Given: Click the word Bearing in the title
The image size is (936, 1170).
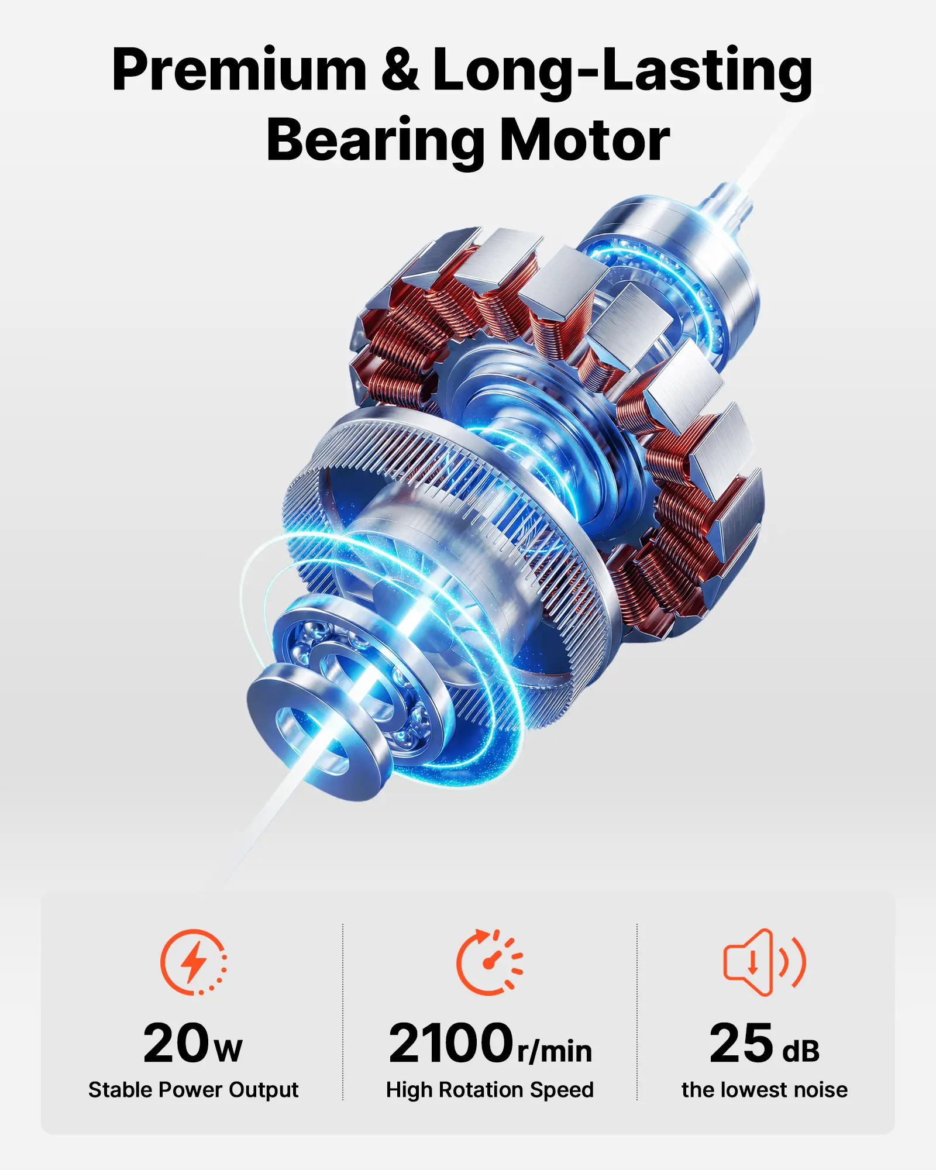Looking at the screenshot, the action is pos(375,140).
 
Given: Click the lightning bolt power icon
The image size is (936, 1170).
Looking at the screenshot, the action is pos(194,962).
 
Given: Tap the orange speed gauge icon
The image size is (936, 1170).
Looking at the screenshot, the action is pos(490,962).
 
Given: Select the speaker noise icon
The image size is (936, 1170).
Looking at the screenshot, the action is pos(765,962).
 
